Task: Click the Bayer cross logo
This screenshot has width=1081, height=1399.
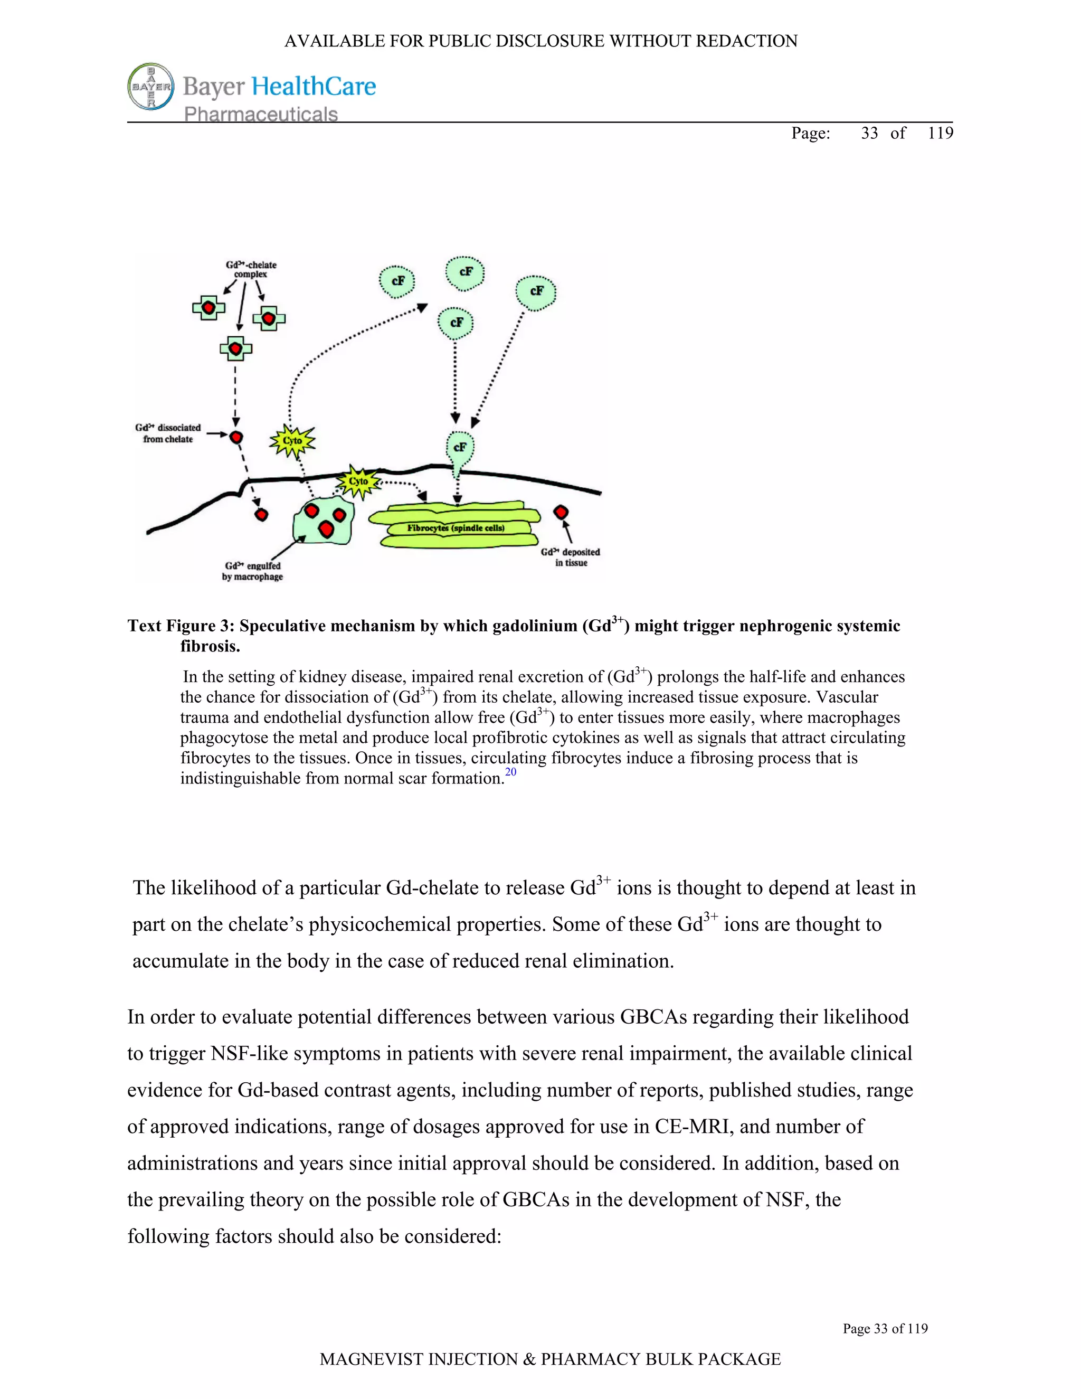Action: pos(150,87)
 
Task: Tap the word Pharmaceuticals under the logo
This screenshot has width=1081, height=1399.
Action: pos(261,114)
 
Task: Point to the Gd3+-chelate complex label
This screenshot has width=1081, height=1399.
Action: pos(251,269)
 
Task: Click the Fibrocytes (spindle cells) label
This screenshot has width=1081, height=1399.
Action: pos(456,528)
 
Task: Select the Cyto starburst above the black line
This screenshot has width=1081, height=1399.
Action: pos(292,441)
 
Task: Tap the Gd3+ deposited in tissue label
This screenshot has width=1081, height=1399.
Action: pos(571,556)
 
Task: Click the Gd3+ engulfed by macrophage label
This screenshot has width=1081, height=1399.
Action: pos(252,571)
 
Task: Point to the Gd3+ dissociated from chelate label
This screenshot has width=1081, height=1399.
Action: pos(168,433)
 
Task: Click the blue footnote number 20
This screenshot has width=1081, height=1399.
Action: pos(510,772)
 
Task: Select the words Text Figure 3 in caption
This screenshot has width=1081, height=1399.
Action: pos(171,626)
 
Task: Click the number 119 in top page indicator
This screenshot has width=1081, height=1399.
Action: pos(940,133)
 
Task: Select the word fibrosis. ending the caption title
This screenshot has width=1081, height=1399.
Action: pos(210,646)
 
